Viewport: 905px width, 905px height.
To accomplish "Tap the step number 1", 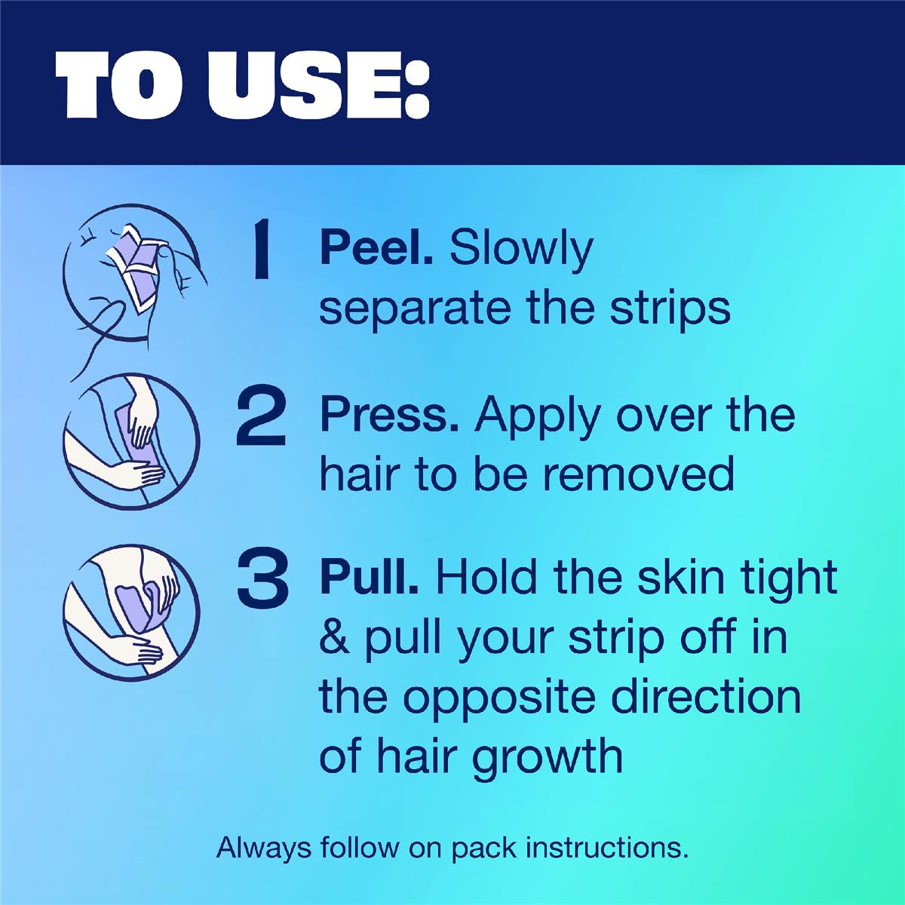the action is [261, 250].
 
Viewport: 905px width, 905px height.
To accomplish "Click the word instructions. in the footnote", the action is [606, 846].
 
